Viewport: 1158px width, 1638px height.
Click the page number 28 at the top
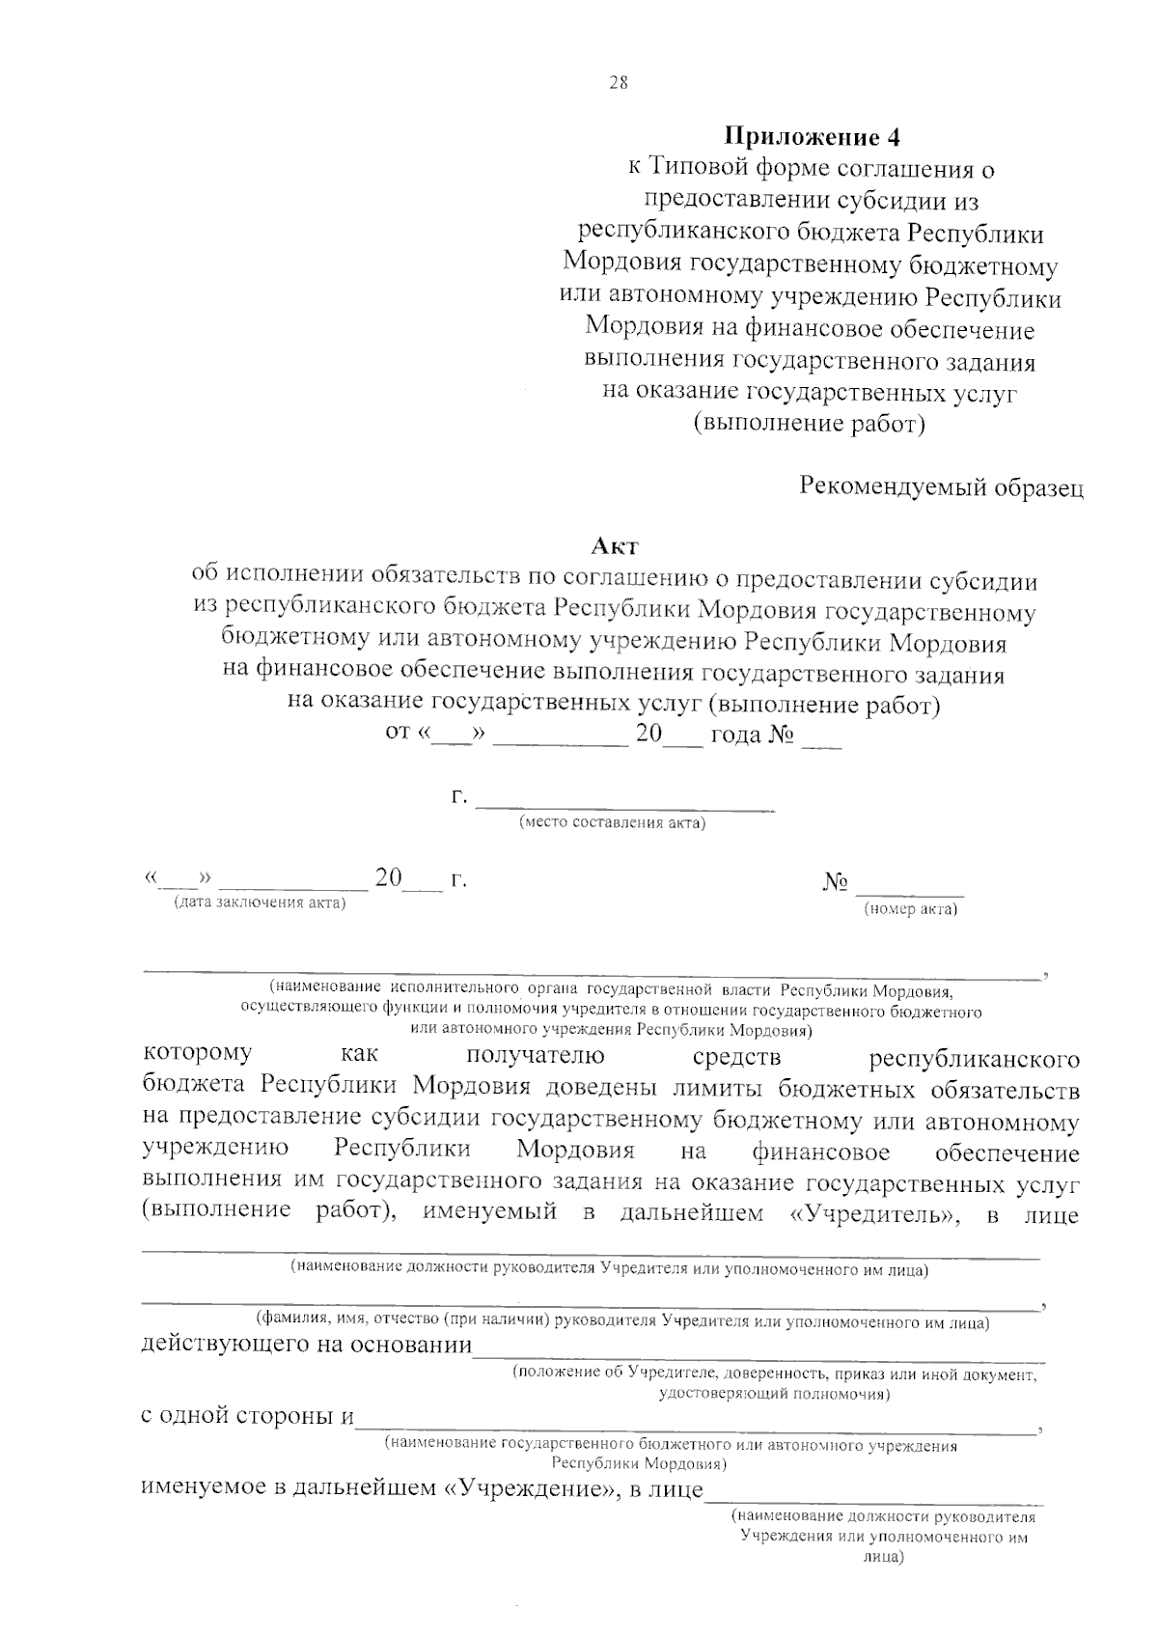pos(619,83)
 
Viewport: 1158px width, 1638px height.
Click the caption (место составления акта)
pos(612,823)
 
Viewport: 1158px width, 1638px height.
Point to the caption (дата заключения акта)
pos(258,902)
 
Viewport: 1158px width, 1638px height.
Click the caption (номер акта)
pos(910,908)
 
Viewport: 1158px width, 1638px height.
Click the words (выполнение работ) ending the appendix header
pos(810,424)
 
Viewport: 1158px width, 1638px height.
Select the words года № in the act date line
pos(753,736)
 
